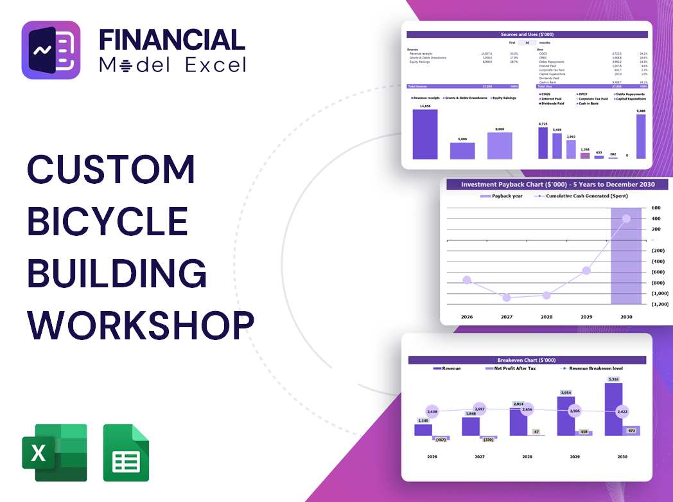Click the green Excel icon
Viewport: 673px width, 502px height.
(x=54, y=453)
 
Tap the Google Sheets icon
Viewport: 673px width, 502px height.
(x=126, y=453)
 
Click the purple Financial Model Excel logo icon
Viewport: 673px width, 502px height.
(x=51, y=50)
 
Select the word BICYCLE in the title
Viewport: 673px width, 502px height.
(x=107, y=221)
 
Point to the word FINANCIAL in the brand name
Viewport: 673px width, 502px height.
(x=171, y=40)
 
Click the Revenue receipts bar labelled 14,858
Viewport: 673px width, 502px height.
(x=425, y=134)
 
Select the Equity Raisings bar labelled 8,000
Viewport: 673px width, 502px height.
(x=500, y=146)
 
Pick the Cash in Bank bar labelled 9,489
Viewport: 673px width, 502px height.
(x=640, y=136)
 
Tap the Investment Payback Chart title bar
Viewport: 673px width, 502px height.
(x=557, y=184)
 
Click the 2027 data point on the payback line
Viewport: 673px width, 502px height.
(x=507, y=298)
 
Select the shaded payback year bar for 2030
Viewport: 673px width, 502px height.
(x=625, y=257)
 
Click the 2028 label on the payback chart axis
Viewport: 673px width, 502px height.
(x=546, y=317)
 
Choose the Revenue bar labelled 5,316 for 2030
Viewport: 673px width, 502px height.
(x=613, y=409)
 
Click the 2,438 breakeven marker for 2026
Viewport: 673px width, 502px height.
(x=432, y=411)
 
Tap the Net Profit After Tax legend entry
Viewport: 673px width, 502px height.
(x=514, y=368)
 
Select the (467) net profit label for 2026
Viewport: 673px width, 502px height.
(x=441, y=439)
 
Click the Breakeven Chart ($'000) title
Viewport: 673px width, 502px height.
(x=527, y=360)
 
